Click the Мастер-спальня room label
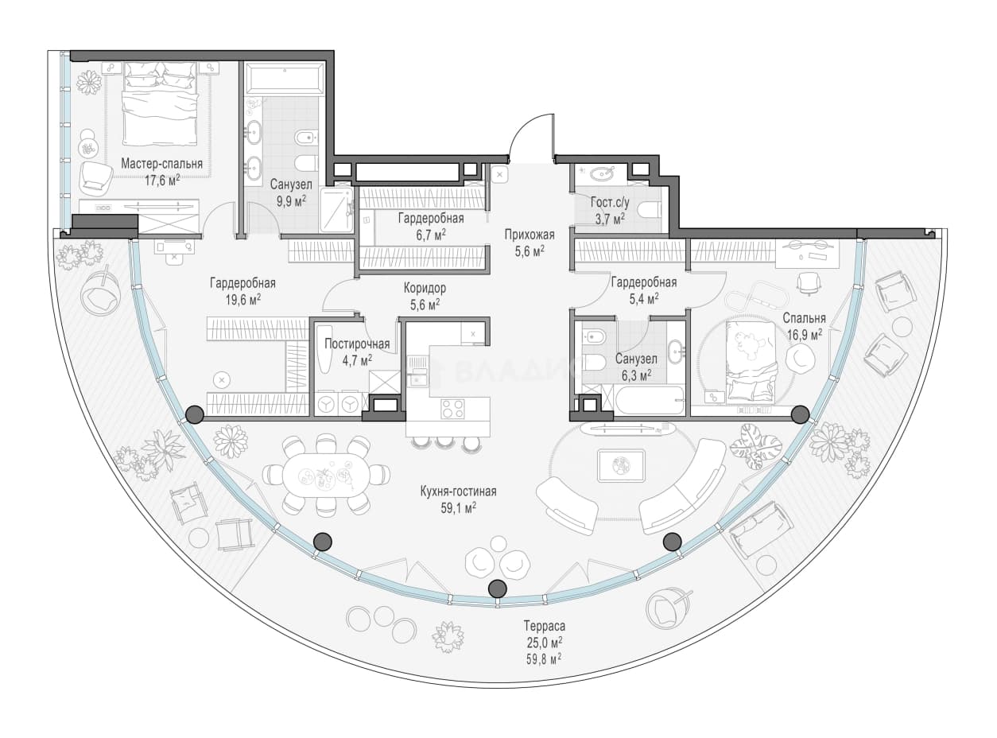(x=162, y=164)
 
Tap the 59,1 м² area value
(x=458, y=508)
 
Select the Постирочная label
(x=357, y=344)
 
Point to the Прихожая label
(x=530, y=235)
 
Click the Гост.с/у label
(x=610, y=202)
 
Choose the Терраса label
(x=545, y=626)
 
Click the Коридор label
(x=425, y=287)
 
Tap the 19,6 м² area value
(x=243, y=300)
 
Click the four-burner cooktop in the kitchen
(x=452, y=409)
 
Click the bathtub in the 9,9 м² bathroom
(x=284, y=80)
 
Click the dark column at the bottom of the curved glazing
(x=497, y=588)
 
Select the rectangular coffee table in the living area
(x=621, y=465)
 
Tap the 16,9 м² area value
(x=804, y=335)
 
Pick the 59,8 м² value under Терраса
(x=544, y=659)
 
